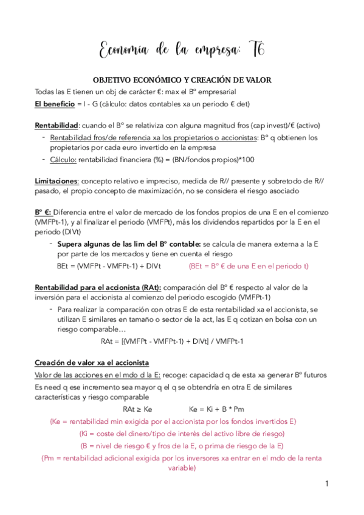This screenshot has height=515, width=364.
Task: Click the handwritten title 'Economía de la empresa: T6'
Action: (182, 49)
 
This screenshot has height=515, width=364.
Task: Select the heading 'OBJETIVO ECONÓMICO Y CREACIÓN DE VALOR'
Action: (182, 80)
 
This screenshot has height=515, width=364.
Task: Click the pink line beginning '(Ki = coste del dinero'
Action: (182, 434)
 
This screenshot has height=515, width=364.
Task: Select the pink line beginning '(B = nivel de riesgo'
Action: (182, 446)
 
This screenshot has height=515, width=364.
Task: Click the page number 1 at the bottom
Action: (326, 484)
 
